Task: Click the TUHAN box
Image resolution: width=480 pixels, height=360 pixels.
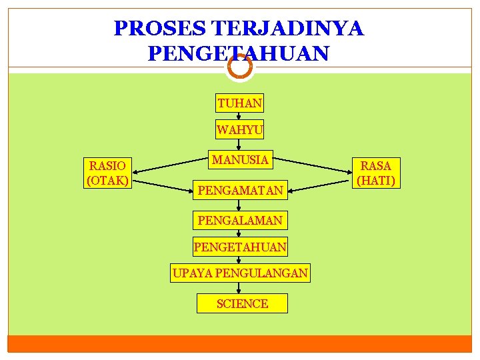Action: point(240,103)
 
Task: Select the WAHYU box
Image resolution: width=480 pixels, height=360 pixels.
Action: point(240,129)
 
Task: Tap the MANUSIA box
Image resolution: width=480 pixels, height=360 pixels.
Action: point(240,160)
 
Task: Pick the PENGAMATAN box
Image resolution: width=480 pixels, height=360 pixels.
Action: point(240,191)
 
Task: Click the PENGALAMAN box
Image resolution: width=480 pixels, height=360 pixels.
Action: point(240,219)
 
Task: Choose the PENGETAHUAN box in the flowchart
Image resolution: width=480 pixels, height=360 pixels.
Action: point(240,247)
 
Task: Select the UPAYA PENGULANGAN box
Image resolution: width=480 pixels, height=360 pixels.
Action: point(240,273)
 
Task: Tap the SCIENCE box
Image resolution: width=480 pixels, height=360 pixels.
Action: point(242,303)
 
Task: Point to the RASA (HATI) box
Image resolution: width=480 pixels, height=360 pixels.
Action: point(377,173)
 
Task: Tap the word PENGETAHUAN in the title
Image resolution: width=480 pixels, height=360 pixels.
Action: point(239,53)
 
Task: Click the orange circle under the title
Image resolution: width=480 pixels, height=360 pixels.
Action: point(239,67)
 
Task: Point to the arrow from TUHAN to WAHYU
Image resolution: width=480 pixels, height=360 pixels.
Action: point(239,116)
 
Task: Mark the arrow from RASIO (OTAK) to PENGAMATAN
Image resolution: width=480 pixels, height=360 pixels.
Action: point(163,185)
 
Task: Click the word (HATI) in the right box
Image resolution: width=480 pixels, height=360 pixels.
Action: point(377,180)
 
